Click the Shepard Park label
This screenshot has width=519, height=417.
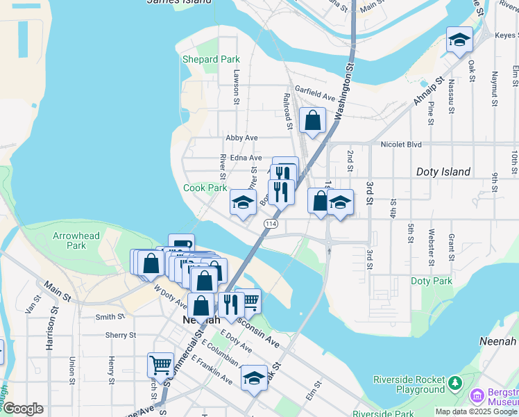pos(211,60)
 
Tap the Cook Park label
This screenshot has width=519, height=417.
pos(205,188)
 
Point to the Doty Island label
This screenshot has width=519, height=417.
pos(443,172)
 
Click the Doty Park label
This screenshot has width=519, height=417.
pos(431,281)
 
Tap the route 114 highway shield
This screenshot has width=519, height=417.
pos(271,224)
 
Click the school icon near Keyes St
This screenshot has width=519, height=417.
pos(459,40)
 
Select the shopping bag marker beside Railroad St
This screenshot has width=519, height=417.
pos(312,120)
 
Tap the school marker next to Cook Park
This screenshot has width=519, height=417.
pos(243,202)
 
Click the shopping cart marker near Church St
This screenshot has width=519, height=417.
pos(160,364)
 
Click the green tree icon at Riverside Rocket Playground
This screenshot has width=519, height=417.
pos(454,383)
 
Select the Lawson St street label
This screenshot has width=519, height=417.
pos(237,82)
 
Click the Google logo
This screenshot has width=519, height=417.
pos(22,409)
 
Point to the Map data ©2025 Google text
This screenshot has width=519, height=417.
pos(476,411)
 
